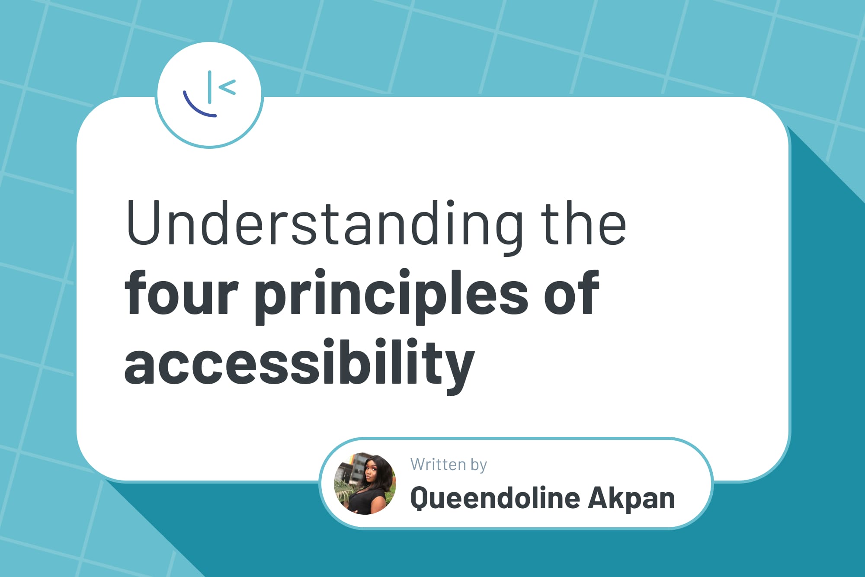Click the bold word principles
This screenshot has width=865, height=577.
point(391,296)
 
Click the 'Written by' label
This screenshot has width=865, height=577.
point(449,465)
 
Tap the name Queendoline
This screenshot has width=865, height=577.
point(495,498)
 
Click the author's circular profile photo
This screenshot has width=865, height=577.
point(365,484)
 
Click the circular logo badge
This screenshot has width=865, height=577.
point(209,95)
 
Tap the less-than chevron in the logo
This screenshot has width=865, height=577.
point(227,87)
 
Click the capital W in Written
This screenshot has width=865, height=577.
point(419,465)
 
